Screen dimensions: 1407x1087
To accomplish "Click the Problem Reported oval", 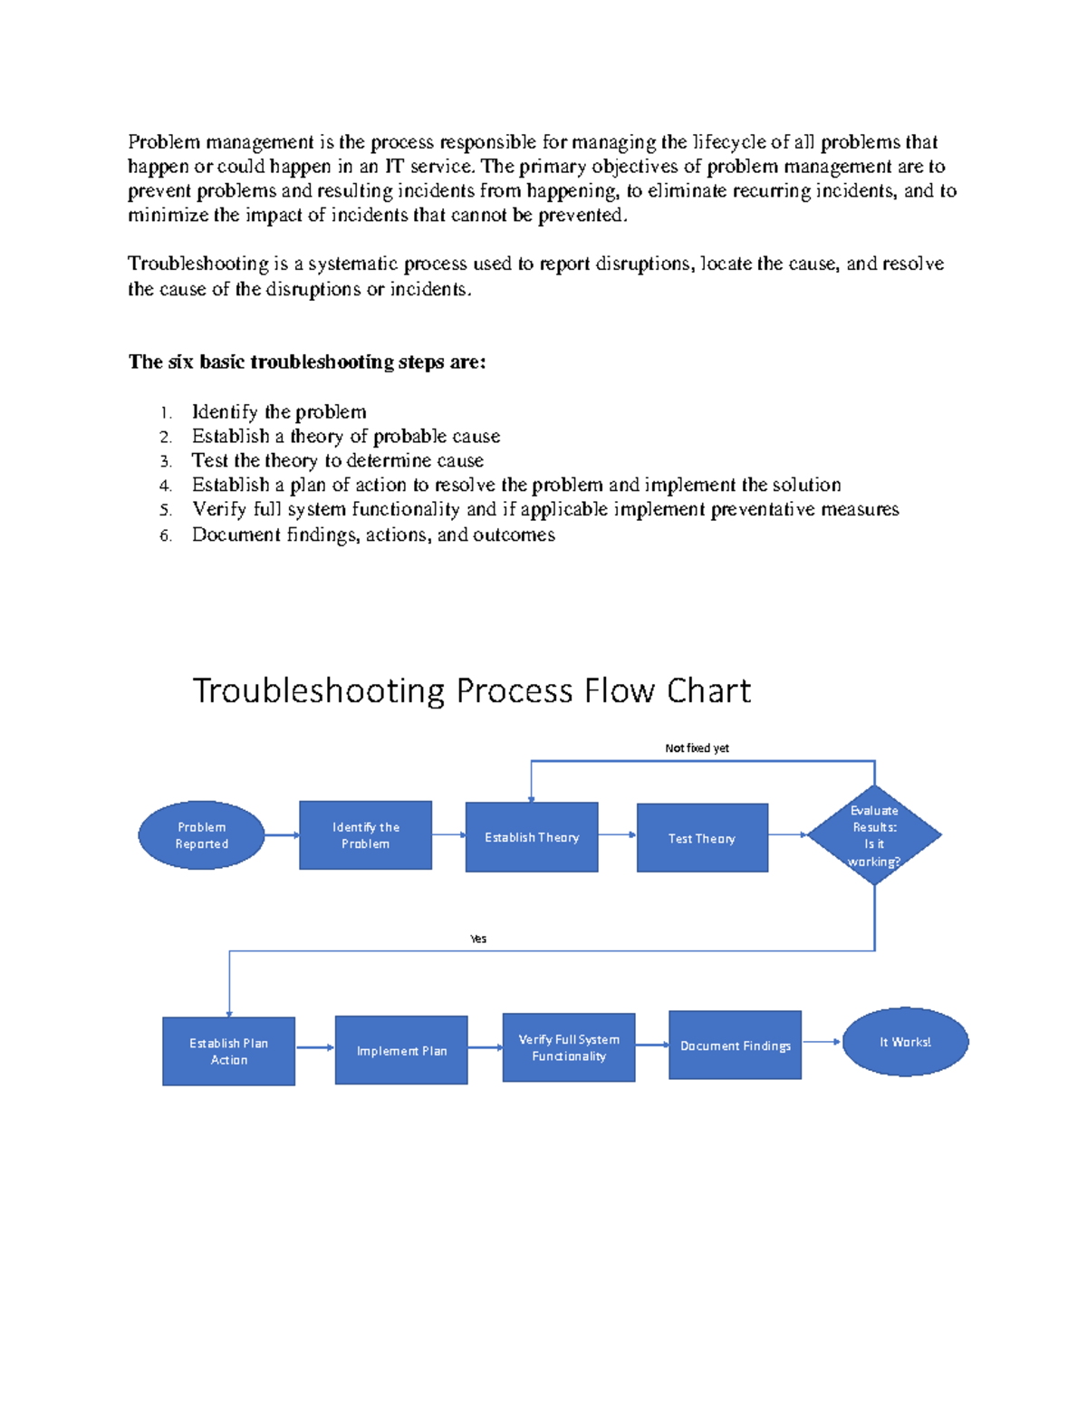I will [x=201, y=835].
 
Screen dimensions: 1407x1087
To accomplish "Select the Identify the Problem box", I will [x=365, y=835].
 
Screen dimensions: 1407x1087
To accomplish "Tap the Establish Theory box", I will [x=532, y=837].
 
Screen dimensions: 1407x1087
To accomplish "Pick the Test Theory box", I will [x=702, y=838].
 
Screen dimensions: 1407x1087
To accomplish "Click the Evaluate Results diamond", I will [x=874, y=835].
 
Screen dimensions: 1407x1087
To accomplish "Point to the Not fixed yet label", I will [x=697, y=748].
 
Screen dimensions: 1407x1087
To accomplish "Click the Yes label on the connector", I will [x=478, y=940].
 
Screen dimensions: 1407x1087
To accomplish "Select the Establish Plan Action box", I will [x=228, y=1051].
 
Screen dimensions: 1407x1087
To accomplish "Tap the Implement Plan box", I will [x=401, y=1050].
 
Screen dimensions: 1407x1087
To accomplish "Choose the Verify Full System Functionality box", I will [x=569, y=1047].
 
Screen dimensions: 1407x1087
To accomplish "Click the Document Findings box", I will [x=735, y=1046].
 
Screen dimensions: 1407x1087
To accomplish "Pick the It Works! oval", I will [x=905, y=1042].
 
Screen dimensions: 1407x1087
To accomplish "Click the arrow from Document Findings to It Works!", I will [x=822, y=1042].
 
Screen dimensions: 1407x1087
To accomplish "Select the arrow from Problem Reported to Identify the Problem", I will [x=282, y=835].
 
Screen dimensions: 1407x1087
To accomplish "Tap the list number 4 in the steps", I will [x=165, y=487].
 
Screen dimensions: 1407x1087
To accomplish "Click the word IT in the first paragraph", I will [x=394, y=167].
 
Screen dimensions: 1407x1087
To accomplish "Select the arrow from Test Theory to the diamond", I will [x=787, y=835].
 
